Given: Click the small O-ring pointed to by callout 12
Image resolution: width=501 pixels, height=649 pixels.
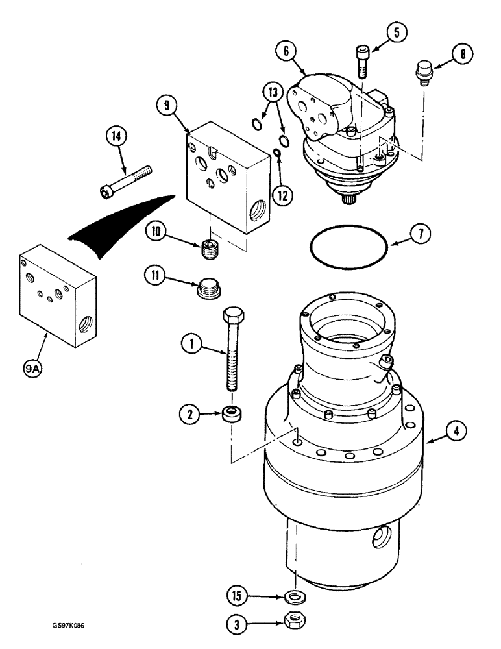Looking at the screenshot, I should point(277,153).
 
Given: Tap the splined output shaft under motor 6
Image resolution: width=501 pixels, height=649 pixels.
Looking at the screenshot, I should point(350,199).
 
